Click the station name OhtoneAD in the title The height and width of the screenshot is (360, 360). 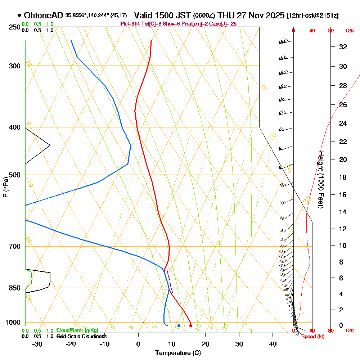[44, 15]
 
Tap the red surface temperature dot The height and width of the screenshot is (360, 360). [191, 326]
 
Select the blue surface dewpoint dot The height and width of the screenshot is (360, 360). [179, 326]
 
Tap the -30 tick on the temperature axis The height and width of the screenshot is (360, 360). [37, 344]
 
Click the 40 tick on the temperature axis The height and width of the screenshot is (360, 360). [273, 344]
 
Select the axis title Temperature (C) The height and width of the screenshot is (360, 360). [178, 353]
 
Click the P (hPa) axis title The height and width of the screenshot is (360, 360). [5, 187]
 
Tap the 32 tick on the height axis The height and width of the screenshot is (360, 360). [343, 47]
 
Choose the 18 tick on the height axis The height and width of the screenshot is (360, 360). [343, 177]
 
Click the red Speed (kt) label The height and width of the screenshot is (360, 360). [311, 337]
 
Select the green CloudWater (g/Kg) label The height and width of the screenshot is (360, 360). [77, 330]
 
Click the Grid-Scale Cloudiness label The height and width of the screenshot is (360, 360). [81, 336]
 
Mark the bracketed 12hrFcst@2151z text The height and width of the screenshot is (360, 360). [312, 15]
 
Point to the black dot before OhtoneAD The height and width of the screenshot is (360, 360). [19, 15]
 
